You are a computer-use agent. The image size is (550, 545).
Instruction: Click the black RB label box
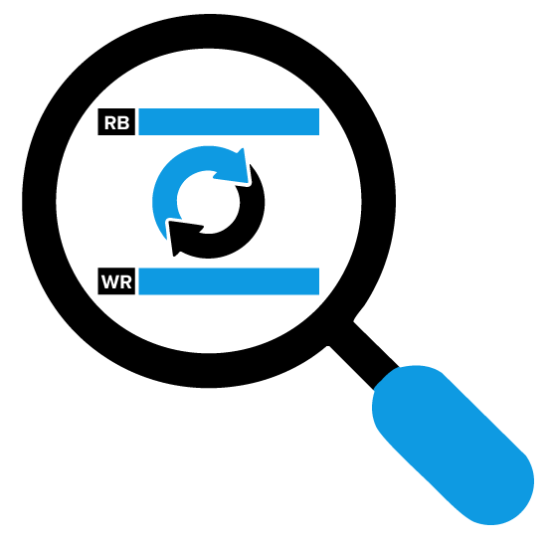(x=116, y=121)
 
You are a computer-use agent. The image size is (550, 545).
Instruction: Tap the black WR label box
(x=116, y=281)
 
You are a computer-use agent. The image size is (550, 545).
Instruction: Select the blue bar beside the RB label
(x=229, y=121)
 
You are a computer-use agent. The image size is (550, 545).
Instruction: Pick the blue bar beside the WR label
(x=229, y=281)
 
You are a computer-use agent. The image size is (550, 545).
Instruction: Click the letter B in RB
(x=123, y=123)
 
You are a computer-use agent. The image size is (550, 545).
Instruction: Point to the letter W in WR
(x=109, y=282)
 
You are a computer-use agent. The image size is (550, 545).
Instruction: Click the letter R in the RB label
(x=110, y=123)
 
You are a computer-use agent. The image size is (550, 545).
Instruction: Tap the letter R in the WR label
(x=125, y=282)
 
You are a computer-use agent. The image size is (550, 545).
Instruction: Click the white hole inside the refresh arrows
(x=208, y=202)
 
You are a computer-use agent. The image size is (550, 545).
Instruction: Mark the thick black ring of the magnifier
(x=40, y=202)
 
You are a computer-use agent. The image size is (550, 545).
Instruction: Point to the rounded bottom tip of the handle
(x=498, y=515)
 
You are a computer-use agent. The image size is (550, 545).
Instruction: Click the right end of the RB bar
(x=318, y=121)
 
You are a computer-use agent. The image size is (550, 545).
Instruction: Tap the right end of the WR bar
(x=318, y=281)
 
